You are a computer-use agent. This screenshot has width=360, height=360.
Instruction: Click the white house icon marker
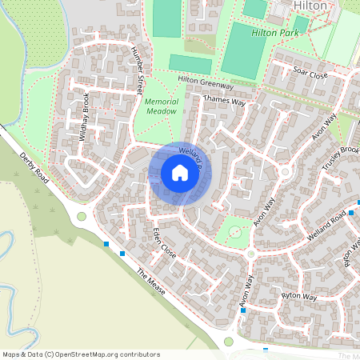[180, 173]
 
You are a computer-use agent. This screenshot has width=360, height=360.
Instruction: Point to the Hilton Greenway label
[205, 82]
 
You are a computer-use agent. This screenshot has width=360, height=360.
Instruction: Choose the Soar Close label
[311, 71]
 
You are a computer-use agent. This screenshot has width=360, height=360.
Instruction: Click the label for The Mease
[150, 282]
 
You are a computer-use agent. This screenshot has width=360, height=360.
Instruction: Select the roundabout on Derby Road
[81, 216]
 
